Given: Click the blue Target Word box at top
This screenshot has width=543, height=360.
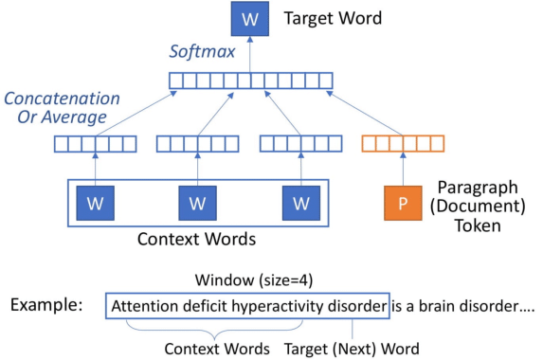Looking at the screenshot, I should click(250, 19).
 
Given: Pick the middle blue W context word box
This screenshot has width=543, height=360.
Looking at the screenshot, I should click(197, 202).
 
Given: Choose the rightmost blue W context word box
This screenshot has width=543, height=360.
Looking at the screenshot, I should click(300, 202).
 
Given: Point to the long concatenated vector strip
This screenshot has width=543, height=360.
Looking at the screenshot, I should click(251, 81).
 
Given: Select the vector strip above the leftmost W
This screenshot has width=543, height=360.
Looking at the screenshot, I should click(94, 144).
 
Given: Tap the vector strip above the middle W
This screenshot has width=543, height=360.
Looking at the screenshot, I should click(196, 144).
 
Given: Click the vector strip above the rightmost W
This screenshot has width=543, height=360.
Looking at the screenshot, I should click(299, 144).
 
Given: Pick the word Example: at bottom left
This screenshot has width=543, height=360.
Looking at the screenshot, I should click(46, 307).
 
